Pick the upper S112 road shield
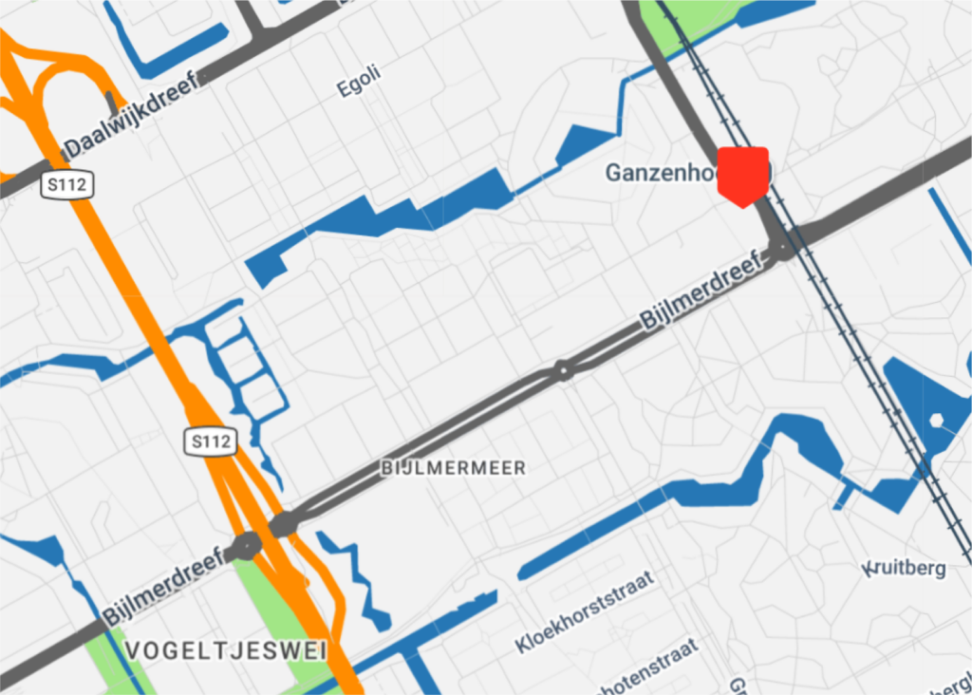pos(68,185)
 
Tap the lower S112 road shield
pos(209,441)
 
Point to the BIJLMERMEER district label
pos(453,468)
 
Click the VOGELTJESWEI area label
pos(226,650)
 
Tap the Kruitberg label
pos(906,569)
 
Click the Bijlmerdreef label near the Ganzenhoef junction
pos(703,290)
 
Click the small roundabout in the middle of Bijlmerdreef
pos(564,369)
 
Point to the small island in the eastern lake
pos(937,420)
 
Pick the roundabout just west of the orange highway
pos(246,546)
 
